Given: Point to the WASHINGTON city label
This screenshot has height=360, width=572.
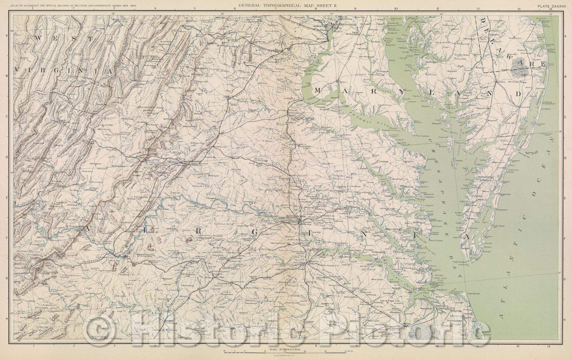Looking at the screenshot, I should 345,24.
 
